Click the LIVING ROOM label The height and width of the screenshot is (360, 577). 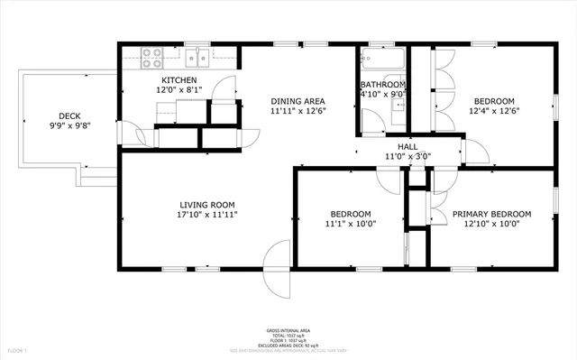[206, 205]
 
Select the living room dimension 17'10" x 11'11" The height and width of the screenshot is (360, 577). [206, 216]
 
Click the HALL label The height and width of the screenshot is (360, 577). [408, 146]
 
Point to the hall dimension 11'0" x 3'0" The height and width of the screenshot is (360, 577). [408, 156]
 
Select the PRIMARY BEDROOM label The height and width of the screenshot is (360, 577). [491, 214]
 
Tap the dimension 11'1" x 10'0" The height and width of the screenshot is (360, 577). [351, 225]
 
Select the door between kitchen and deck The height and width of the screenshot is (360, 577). [135, 136]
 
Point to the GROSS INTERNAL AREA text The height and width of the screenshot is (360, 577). [288, 330]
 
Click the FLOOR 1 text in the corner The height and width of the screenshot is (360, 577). [18, 349]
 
